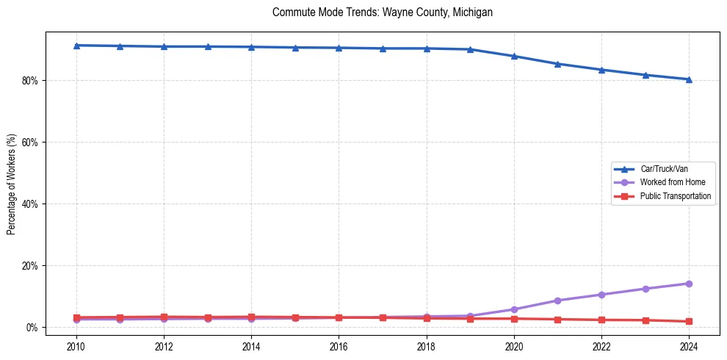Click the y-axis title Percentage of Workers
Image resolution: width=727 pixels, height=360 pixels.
pyautogui.click(x=11, y=184)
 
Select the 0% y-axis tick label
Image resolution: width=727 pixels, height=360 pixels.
pyautogui.click(x=32, y=327)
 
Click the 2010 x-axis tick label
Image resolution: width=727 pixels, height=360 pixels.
pyautogui.click(x=76, y=346)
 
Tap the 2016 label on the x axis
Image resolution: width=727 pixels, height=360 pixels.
pyautogui.click(x=339, y=346)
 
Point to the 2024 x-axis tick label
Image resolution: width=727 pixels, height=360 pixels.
pyautogui.click(x=689, y=346)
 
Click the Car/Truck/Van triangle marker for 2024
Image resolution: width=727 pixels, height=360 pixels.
pyautogui.click(x=689, y=79)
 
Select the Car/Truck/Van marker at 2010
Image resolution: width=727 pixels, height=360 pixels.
pyautogui.click(x=76, y=46)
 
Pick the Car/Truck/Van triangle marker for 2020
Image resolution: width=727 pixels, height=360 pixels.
pyautogui.click(x=514, y=56)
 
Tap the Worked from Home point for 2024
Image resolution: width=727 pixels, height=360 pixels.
pyautogui.click(x=689, y=284)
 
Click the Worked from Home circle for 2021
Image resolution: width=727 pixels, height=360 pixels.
pyautogui.click(x=557, y=300)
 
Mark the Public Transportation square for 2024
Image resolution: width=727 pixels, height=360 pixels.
pyautogui.click(x=689, y=321)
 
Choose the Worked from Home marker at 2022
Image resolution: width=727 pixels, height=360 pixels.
pyautogui.click(x=601, y=295)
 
